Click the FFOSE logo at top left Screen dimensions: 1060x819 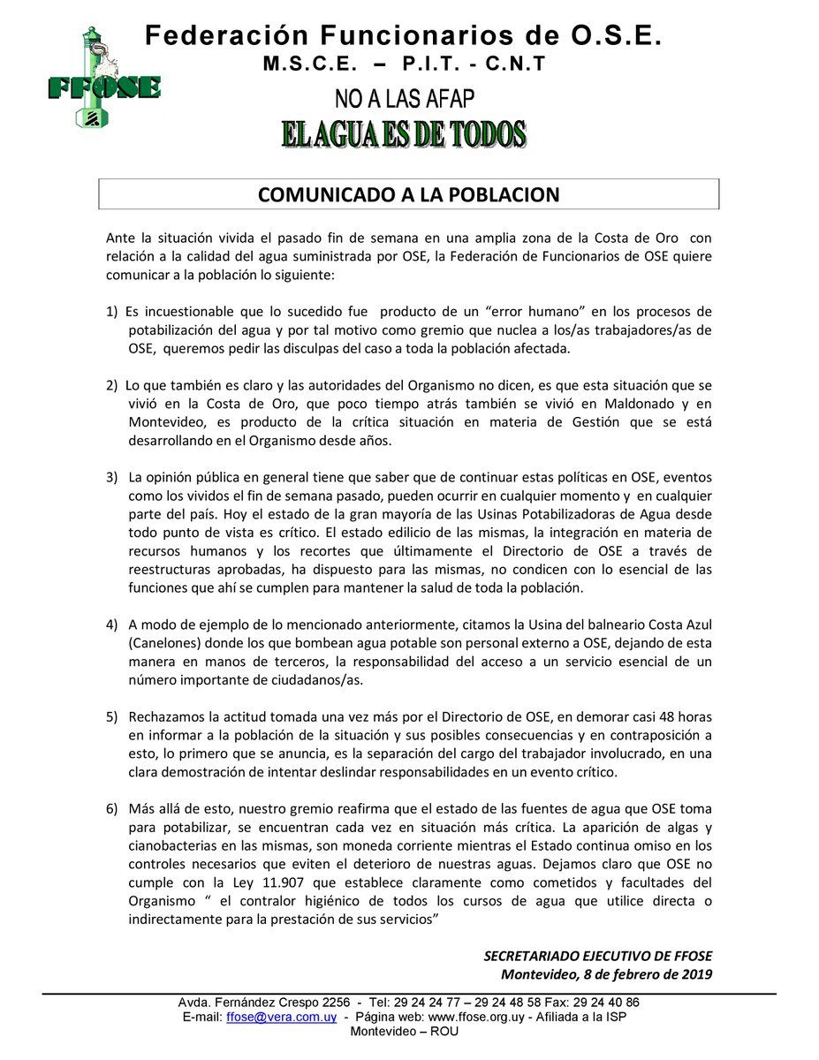click(x=103, y=79)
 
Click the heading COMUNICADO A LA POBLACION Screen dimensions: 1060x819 click(x=408, y=194)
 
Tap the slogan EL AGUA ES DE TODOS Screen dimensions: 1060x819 click(x=404, y=134)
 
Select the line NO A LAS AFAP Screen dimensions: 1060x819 click(x=404, y=98)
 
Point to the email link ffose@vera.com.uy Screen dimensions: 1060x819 click(x=281, y=1017)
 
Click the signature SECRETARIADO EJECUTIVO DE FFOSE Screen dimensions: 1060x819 click(x=597, y=956)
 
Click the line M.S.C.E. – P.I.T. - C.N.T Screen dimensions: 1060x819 click(x=404, y=64)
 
